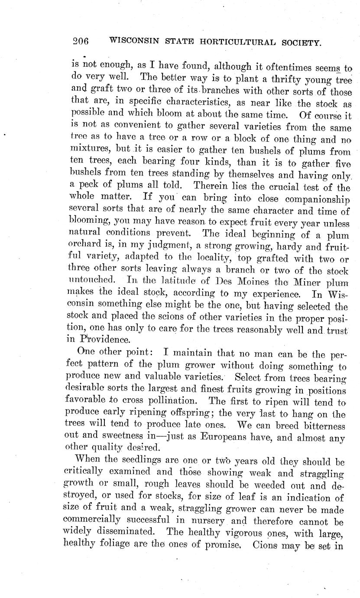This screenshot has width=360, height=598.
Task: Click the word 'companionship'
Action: (315, 200)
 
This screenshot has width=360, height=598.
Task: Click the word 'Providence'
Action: (104, 338)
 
